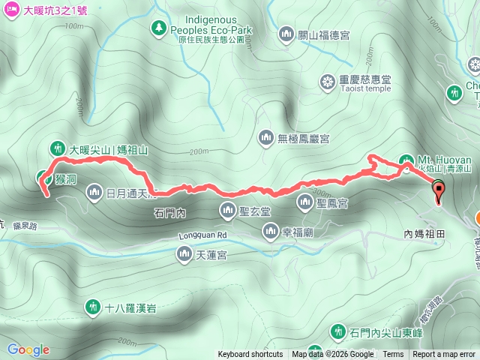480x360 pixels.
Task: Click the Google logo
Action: point(28,349)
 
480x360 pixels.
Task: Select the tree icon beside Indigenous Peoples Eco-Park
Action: point(159,28)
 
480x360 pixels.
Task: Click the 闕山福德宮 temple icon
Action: point(286,34)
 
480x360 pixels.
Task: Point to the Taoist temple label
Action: point(366,88)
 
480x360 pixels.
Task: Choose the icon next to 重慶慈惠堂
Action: point(327,81)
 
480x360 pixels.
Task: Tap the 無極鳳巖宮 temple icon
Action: point(265,137)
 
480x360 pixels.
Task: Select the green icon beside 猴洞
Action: point(43,178)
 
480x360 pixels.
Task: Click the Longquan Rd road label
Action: point(202,235)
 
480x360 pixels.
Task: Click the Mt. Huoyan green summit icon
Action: point(406,160)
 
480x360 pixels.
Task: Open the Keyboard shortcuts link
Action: point(250,355)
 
